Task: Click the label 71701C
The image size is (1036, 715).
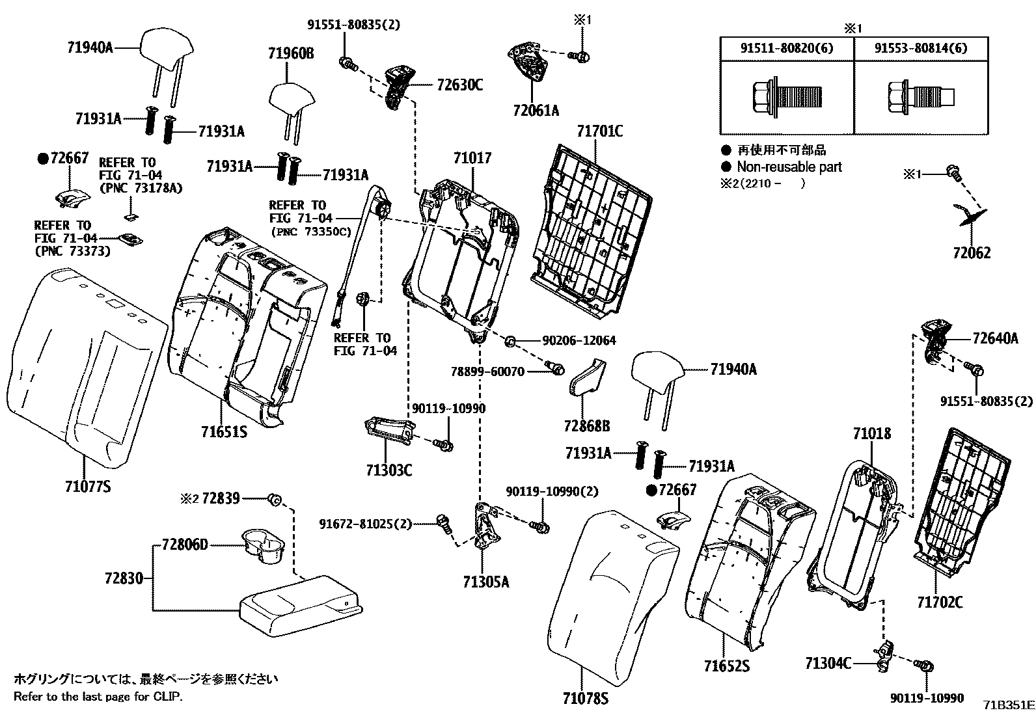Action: [599, 131]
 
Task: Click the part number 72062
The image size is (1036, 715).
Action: [972, 252]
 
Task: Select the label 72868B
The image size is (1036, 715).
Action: [587, 426]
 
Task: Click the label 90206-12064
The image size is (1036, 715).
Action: [579, 340]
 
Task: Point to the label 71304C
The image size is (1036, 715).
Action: [828, 663]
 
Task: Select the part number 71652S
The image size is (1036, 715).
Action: [727, 666]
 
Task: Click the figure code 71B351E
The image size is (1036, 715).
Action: [1009, 705]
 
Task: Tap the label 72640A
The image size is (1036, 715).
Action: [995, 338]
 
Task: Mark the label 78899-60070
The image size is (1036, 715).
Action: [487, 371]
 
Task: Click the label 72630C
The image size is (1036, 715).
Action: [459, 85]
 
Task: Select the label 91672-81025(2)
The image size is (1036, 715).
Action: [365, 523]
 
